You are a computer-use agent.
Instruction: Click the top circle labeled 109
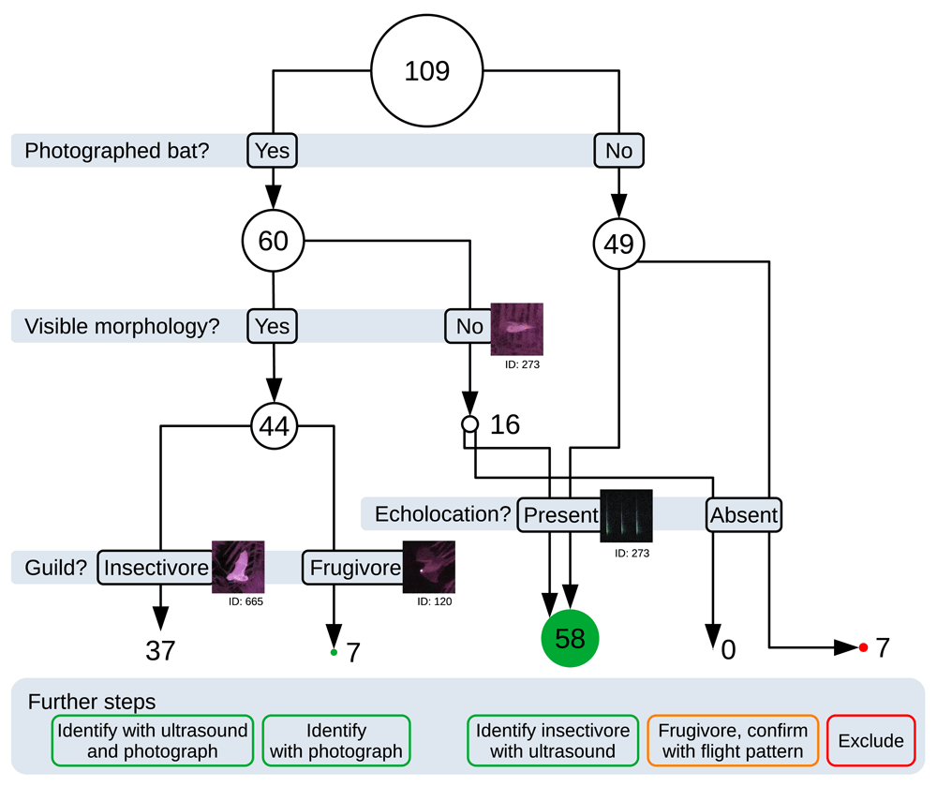426,71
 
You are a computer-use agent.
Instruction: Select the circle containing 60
273,242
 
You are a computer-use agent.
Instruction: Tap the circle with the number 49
619,245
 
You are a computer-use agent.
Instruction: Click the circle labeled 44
273,427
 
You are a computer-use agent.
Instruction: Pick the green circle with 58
570,639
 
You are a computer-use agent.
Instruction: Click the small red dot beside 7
863,647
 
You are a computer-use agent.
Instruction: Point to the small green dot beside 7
334,652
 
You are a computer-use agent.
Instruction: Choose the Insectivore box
156,568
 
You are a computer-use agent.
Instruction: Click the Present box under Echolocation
559,514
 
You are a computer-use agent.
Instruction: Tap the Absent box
744,514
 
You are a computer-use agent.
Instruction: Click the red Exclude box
871,741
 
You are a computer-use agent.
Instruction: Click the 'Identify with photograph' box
335,741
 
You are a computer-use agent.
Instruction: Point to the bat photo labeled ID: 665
238,567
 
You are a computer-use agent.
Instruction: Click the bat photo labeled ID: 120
428,567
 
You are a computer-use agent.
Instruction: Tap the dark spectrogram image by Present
626,516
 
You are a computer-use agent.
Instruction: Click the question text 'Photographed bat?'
117,151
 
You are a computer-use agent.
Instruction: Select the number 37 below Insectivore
160,650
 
